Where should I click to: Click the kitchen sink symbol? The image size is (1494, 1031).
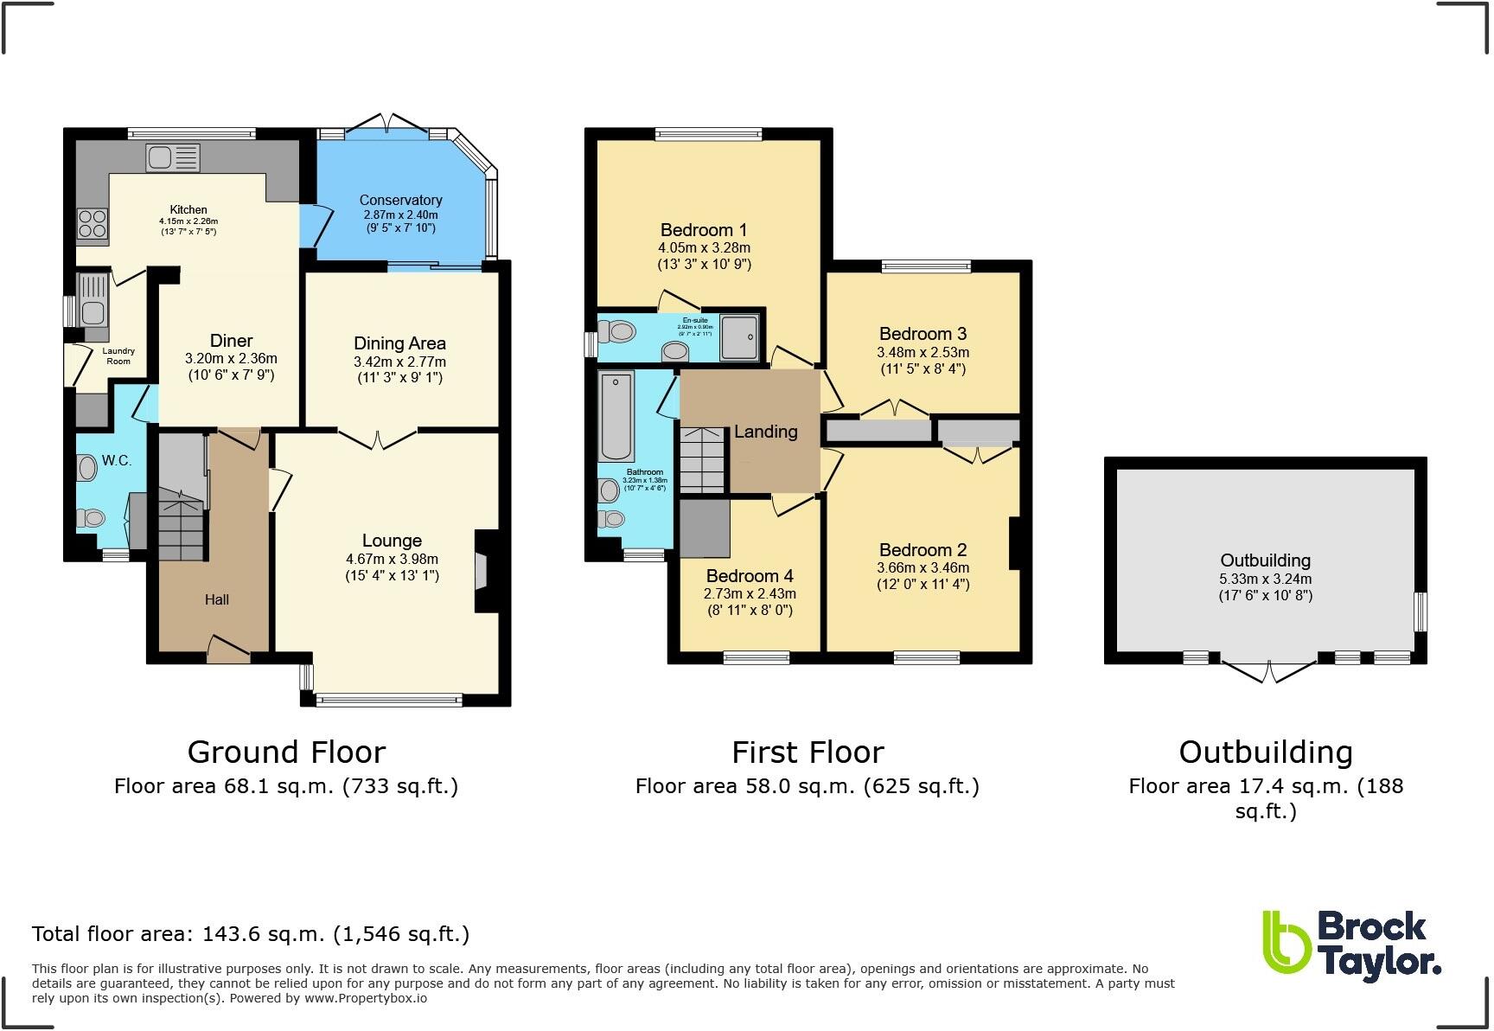click(x=173, y=158)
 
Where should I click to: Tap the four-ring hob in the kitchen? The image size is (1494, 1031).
click(x=92, y=224)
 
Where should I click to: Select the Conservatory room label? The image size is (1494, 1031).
click(x=400, y=200)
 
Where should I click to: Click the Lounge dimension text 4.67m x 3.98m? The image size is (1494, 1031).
click(x=392, y=559)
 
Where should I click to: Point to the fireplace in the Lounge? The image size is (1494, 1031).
click(x=482, y=572)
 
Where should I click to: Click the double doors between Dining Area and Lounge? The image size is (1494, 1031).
click(x=378, y=439)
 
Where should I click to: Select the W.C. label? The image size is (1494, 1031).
click(x=117, y=460)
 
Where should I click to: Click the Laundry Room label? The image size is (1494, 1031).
click(x=118, y=355)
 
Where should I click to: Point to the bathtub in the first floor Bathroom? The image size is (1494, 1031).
click(x=616, y=416)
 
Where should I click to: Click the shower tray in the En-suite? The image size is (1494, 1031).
click(x=740, y=336)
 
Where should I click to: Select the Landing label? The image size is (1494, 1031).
click(x=765, y=431)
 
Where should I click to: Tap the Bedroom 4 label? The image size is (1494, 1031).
click(x=750, y=576)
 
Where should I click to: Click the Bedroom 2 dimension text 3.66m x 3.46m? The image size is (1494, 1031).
click(x=923, y=567)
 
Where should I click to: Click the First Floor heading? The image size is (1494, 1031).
click(x=808, y=752)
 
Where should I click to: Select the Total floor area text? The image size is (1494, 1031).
click(x=251, y=934)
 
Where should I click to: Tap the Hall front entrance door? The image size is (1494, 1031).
click(x=228, y=649)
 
